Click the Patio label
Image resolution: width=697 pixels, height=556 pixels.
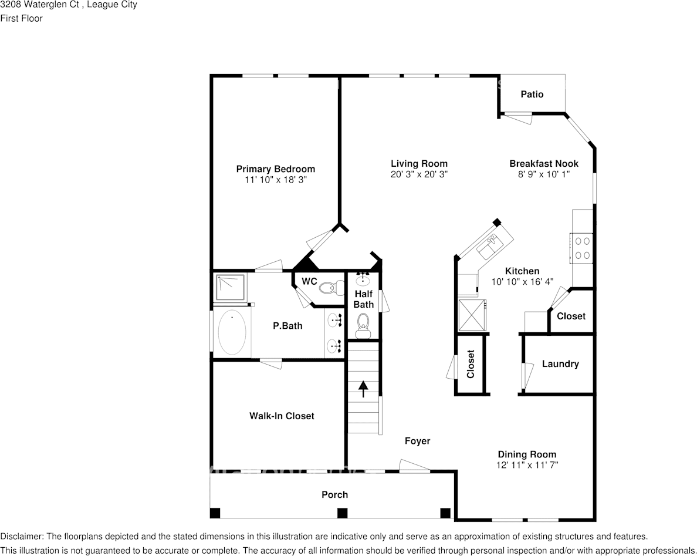point(532,94)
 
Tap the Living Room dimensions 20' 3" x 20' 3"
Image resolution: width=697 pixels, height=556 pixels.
point(419,174)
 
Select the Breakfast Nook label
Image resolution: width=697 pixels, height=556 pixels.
point(543,164)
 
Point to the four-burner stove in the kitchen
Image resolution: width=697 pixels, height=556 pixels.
point(581,247)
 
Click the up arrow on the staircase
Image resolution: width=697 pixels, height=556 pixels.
point(363,388)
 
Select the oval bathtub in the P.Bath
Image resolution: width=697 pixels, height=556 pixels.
point(232,333)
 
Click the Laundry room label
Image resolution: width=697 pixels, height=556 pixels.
point(560,364)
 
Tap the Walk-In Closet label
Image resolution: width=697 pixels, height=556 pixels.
point(282,416)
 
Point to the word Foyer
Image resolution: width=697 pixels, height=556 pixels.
point(417,441)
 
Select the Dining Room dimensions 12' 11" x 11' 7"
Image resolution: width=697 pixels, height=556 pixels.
point(526,465)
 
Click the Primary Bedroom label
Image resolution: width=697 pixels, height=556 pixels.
point(275,169)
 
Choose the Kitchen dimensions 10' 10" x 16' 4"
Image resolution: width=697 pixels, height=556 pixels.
point(522,282)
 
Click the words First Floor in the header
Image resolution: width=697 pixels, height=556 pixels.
point(21,18)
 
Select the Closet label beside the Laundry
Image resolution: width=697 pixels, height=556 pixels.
point(571,316)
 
